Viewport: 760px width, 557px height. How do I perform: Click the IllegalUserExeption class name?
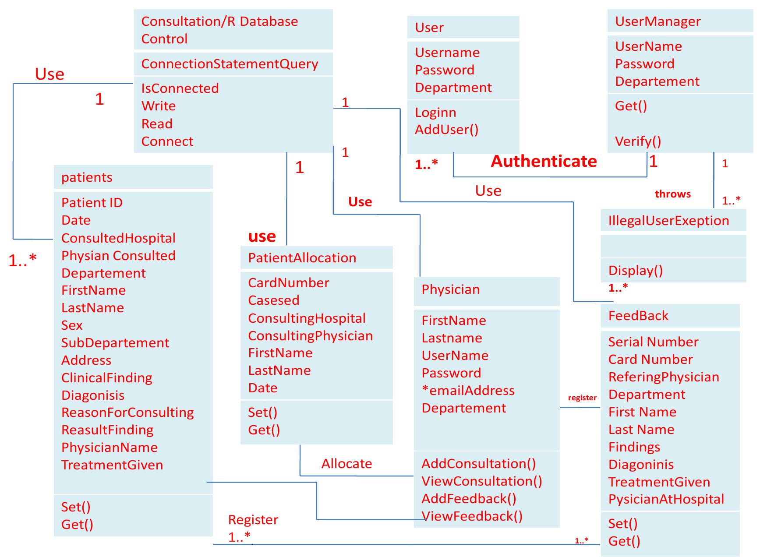pyautogui.click(x=668, y=221)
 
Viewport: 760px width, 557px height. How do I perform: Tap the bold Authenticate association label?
pyautogui.click(x=544, y=161)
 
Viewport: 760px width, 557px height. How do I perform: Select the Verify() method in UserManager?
pyautogui.click(x=638, y=141)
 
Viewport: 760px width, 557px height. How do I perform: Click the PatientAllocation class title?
pyautogui.click(x=302, y=258)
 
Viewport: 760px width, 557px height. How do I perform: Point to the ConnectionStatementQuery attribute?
pyautogui.click(x=230, y=64)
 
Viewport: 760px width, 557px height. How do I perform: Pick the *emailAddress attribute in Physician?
pyautogui.click(x=468, y=391)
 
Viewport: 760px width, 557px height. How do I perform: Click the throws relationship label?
pyautogui.click(x=672, y=194)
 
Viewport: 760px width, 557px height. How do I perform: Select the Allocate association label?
pyautogui.click(x=346, y=464)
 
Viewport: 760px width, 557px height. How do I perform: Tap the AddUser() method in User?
pyautogui.click(x=446, y=130)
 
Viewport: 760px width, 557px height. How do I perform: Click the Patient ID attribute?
pyautogui.click(x=92, y=203)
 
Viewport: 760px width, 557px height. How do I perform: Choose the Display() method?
pyautogui.click(x=635, y=271)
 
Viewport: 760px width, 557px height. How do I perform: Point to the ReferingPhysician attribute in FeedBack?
pyautogui.click(x=663, y=377)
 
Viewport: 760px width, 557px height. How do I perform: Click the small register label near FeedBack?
pyautogui.click(x=582, y=398)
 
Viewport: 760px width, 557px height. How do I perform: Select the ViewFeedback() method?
pyautogui.click(x=472, y=516)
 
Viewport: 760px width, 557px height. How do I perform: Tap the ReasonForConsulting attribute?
pyautogui.click(x=127, y=412)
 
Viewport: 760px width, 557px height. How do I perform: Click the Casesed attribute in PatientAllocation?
pyautogui.click(x=273, y=300)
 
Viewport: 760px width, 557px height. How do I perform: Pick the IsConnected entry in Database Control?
pyautogui.click(x=180, y=88)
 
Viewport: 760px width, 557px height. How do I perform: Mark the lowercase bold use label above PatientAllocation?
pyautogui.click(x=262, y=236)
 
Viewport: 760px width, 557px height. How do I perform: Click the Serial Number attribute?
pyautogui.click(x=653, y=342)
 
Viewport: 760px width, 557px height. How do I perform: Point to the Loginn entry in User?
pyautogui.click(x=435, y=113)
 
